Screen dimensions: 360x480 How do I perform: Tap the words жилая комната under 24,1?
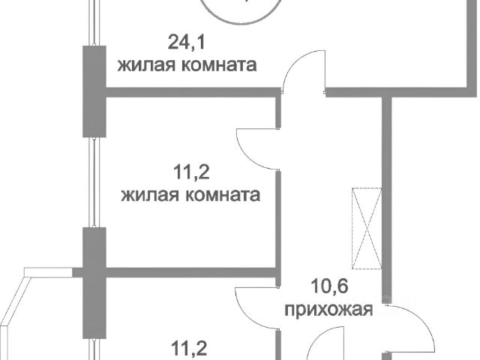[187, 64]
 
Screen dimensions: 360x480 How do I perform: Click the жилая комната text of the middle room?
[190, 196]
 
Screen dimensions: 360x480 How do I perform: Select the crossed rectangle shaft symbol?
[367, 227]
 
